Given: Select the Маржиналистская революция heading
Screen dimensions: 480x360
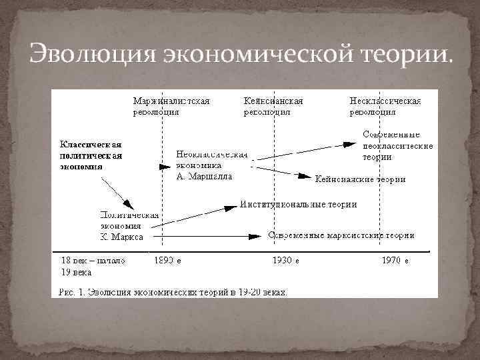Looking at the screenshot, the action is point(171,107).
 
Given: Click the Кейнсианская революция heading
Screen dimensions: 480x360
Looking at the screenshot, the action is point(274,107).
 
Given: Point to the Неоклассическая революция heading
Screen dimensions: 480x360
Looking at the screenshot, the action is point(385,107).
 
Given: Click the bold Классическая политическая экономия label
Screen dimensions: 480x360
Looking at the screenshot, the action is point(91,155).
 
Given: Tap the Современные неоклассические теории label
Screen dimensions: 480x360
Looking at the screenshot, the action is point(397,146).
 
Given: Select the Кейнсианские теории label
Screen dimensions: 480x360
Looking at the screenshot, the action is point(360,179).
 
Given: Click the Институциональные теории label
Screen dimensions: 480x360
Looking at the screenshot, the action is point(299,204).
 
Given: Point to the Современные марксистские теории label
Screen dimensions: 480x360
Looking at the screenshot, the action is point(341,235).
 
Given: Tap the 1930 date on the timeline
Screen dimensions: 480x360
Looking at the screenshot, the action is point(285,260).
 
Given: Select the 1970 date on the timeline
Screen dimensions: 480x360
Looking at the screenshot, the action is point(395,260).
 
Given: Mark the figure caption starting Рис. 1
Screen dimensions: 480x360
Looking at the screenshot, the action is point(172,291).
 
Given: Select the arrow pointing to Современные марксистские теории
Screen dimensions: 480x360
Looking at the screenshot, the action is point(207,236).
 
